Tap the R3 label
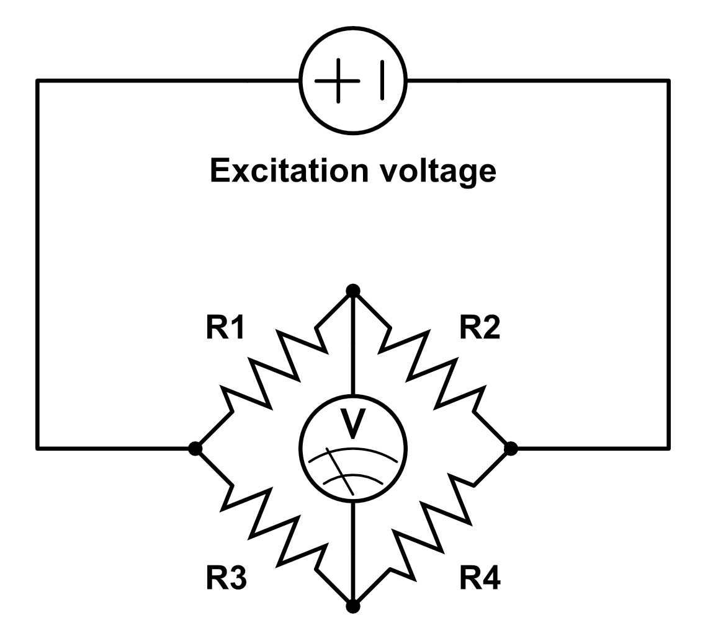click(226, 579)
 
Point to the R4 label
click(480, 579)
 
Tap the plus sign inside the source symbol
click(338, 81)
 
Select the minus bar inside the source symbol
click(382, 81)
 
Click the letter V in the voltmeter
click(353, 422)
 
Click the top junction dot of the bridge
click(353, 291)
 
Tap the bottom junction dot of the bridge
click(353, 606)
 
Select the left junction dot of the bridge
click(195, 448)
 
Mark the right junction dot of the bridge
click(511, 448)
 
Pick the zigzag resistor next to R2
click(432, 369)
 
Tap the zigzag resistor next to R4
click(432, 527)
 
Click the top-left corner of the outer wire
click(38, 81)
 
